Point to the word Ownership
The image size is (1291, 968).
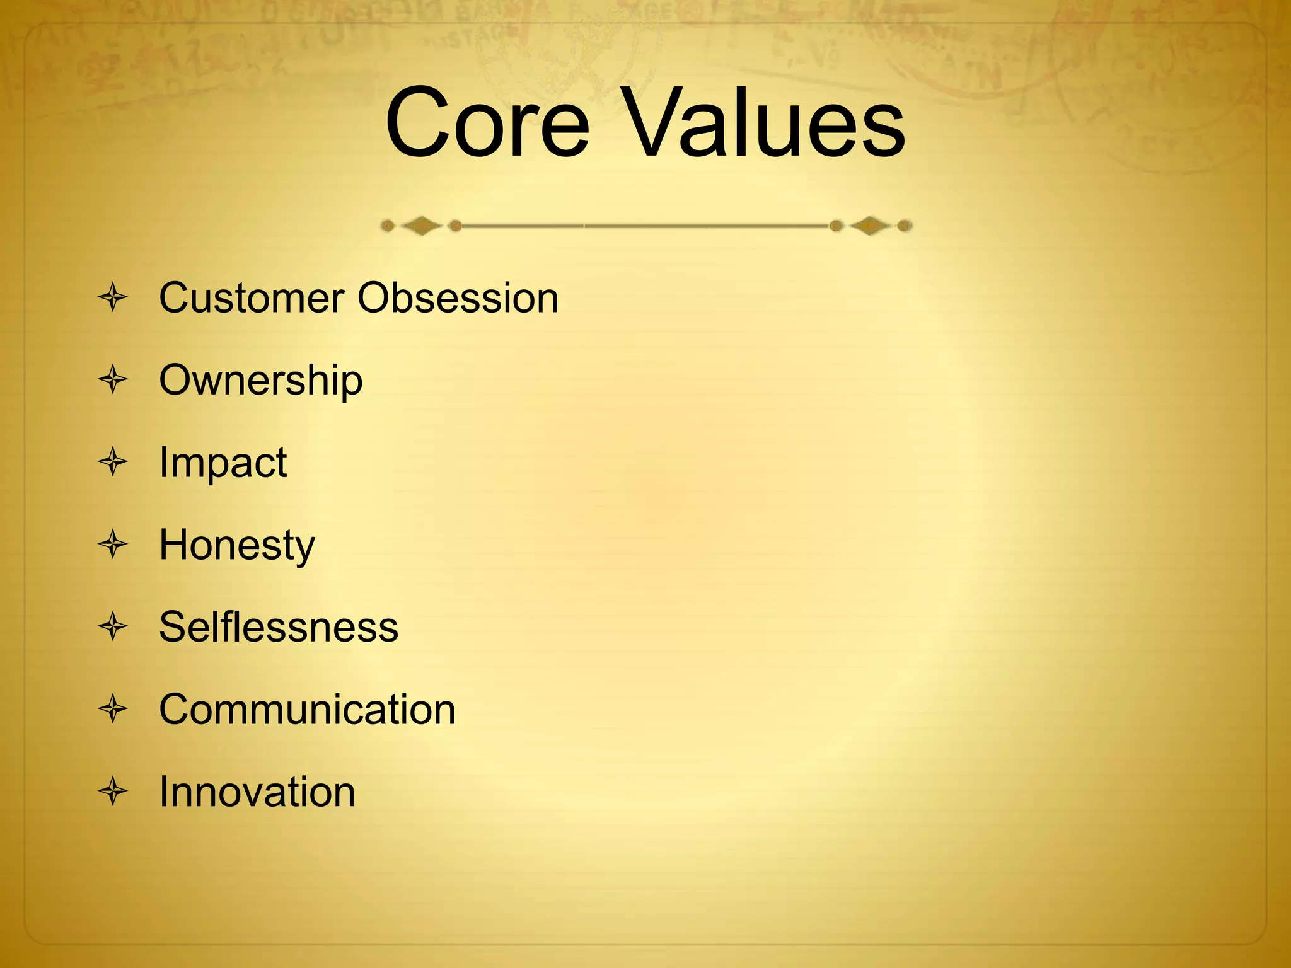pyautogui.click(x=260, y=381)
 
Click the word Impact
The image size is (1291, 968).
pyautogui.click(x=223, y=463)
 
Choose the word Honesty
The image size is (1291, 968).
pyautogui.click(x=236, y=546)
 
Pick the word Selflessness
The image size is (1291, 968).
pyautogui.click(x=278, y=627)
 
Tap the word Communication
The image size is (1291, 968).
pyautogui.click(x=306, y=710)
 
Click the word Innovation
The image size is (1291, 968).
pyautogui.click(x=257, y=792)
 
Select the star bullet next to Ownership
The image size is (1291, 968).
pyautogui.click(x=113, y=380)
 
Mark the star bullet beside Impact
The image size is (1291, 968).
pyautogui.click(x=113, y=462)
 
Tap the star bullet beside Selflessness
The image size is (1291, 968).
pyautogui.click(x=113, y=627)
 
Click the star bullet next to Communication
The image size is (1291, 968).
pyautogui.click(x=113, y=709)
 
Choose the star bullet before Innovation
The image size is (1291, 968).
pyautogui.click(x=113, y=792)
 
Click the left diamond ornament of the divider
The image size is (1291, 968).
pyautogui.click(x=421, y=226)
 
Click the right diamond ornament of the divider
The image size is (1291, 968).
pyautogui.click(x=870, y=226)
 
